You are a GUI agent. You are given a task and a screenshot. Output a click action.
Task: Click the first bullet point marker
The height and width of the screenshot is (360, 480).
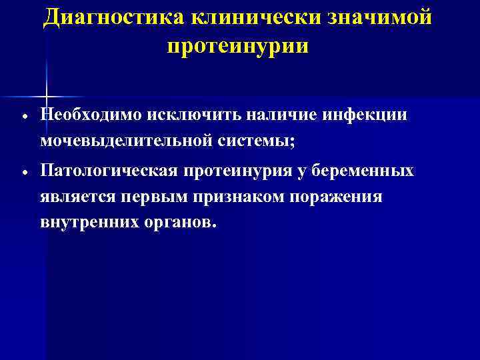[24, 115]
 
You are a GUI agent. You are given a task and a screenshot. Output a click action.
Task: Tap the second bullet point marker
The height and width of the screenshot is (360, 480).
[24, 171]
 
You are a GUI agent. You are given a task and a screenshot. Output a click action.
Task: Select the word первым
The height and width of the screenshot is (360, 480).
[157, 197]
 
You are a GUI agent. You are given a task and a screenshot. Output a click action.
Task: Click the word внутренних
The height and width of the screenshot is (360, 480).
[90, 223]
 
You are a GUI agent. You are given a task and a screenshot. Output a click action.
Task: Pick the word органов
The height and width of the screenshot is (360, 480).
[181, 223]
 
